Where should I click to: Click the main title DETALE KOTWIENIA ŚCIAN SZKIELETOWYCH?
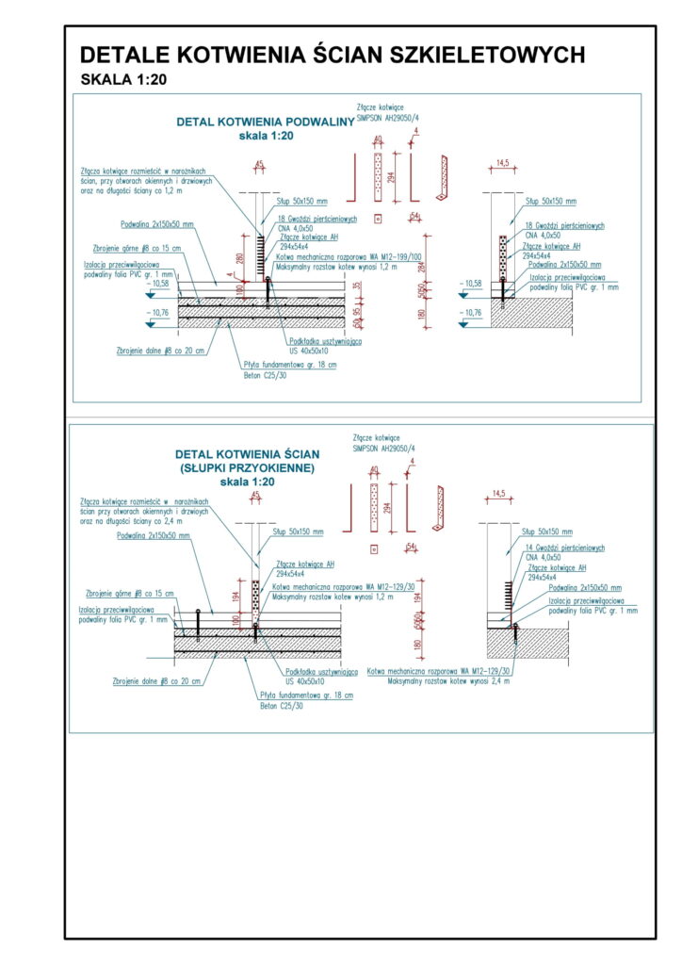coord(332,54)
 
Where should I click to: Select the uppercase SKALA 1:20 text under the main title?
coord(123,79)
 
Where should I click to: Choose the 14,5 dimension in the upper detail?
coord(503,165)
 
